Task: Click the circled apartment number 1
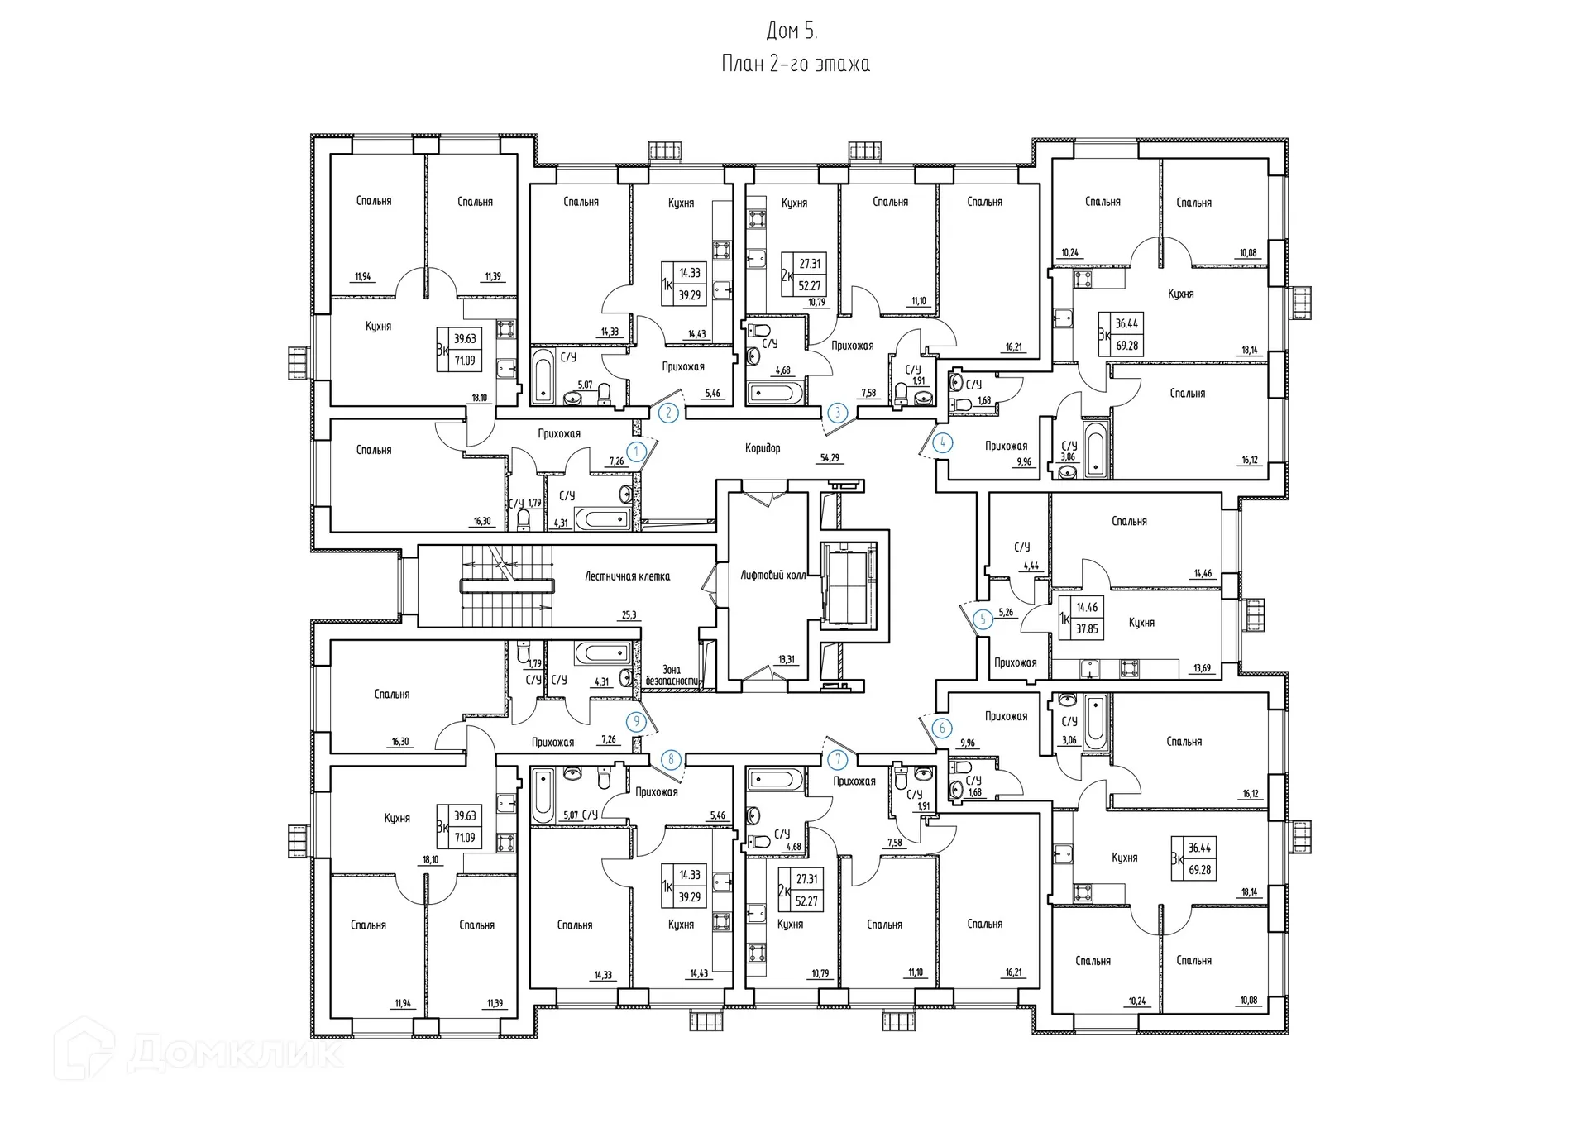tap(636, 452)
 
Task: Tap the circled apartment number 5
tap(983, 619)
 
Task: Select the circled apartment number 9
tap(636, 721)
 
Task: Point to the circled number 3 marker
tap(838, 412)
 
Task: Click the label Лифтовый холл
tap(772, 575)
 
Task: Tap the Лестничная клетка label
tap(627, 576)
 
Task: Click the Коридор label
tap(762, 448)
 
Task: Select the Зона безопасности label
tap(672, 675)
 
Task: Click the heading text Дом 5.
tap(792, 31)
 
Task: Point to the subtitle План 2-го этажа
tap(795, 64)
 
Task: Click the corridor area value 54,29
tap(830, 457)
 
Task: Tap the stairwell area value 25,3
tap(629, 614)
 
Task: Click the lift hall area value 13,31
tap(786, 659)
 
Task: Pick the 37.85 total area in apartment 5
tap(1087, 628)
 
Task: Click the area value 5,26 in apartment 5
tap(1006, 613)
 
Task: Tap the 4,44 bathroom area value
tap(1031, 566)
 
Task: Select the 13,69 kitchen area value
tap(1202, 668)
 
